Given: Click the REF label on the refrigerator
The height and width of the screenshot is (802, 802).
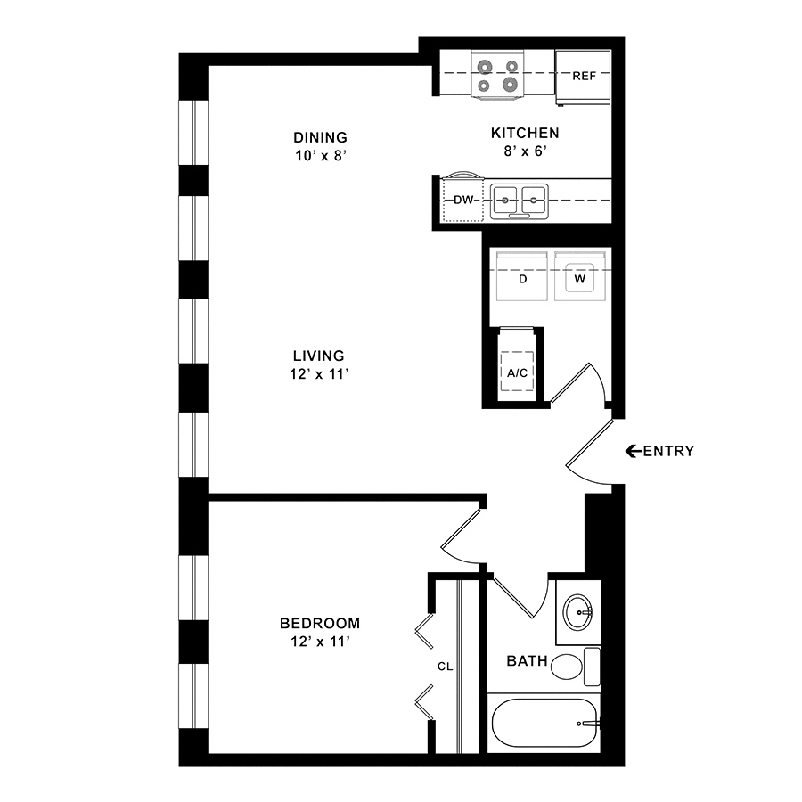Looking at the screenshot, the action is pyautogui.click(x=584, y=77).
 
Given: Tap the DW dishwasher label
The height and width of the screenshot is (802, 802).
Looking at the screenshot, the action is pyautogui.click(x=464, y=200).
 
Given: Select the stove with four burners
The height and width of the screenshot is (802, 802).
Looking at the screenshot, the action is pyautogui.click(x=497, y=75).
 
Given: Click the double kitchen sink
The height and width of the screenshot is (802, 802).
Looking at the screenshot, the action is pyautogui.click(x=520, y=201).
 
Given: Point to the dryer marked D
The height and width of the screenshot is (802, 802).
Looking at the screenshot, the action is pyautogui.click(x=523, y=276).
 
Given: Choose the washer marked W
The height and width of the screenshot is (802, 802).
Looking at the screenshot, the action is pyautogui.click(x=580, y=276).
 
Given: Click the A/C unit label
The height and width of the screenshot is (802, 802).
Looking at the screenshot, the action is pyautogui.click(x=517, y=372).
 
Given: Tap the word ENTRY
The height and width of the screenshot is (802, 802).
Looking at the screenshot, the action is pyautogui.click(x=668, y=451).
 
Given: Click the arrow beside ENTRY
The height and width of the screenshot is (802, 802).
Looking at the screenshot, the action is pyautogui.click(x=634, y=451).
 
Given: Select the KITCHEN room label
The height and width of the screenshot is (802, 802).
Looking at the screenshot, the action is pyautogui.click(x=525, y=133).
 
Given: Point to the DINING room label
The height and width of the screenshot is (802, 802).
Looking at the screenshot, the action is pyautogui.click(x=320, y=137).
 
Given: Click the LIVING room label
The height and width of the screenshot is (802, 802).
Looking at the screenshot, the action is pyautogui.click(x=319, y=356).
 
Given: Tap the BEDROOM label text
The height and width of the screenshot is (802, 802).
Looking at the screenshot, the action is pyautogui.click(x=320, y=623).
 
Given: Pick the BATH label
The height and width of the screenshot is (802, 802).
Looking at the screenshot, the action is pyautogui.click(x=527, y=661).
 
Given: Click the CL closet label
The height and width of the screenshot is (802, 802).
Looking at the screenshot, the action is pyautogui.click(x=445, y=667).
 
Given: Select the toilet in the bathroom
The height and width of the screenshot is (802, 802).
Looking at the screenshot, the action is pyautogui.click(x=576, y=667).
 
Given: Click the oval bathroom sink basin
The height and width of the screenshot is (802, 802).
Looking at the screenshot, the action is pyautogui.click(x=578, y=612).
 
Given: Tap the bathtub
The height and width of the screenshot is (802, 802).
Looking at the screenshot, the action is pyautogui.click(x=544, y=723).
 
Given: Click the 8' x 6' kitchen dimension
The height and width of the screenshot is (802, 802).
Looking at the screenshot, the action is pyautogui.click(x=525, y=151).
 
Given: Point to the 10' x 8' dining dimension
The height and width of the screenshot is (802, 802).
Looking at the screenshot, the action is pyautogui.click(x=321, y=155).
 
